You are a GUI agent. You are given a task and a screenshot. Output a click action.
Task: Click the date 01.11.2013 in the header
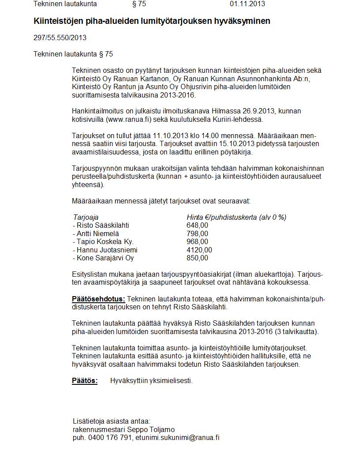[247, 4]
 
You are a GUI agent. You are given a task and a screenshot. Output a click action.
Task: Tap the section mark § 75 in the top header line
[139, 4]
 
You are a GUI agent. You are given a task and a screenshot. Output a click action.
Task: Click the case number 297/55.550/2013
[60, 38]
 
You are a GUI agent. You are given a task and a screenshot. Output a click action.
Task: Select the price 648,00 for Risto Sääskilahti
[197, 225]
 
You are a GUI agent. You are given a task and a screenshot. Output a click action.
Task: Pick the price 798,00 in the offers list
[197, 233]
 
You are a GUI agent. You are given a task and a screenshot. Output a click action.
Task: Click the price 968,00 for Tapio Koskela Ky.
[197, 242]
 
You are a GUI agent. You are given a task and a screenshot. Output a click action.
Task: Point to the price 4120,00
[199, 250]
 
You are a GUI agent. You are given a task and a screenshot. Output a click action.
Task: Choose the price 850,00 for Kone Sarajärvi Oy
[197, 258]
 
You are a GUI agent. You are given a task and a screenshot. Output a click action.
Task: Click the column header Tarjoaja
[86, 217]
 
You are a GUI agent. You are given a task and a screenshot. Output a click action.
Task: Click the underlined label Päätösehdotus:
[98, 299]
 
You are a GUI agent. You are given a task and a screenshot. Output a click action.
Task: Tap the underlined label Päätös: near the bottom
[85, 381]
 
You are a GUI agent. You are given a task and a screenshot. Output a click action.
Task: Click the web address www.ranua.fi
[128, 120]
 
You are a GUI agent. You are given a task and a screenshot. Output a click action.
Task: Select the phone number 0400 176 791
[110, 438]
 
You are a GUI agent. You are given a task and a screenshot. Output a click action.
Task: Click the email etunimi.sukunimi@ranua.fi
[177, 438]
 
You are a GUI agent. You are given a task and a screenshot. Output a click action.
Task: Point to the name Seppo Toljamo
[154, 429]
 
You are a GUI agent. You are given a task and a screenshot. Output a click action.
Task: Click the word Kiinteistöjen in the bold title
[57, 21]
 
